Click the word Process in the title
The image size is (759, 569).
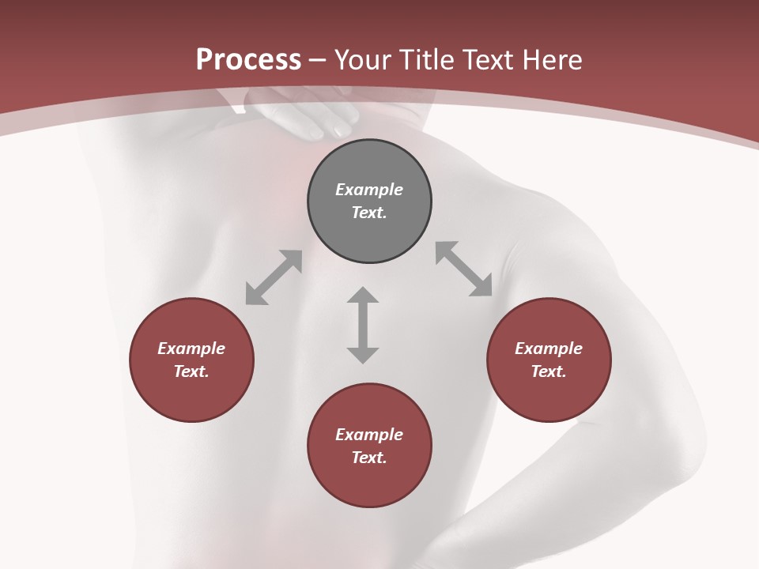coord(248,60)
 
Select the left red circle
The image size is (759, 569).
coord(191,395)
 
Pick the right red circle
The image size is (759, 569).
coord(549,395)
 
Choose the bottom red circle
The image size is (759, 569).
coord(369,482)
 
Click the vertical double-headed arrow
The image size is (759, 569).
coord(363,326)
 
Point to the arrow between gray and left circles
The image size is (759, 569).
coord(274,277)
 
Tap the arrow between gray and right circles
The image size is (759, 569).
coord(463,269)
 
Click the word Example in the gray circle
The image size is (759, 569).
coord(369,190)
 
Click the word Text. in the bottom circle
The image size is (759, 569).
coord(369,458)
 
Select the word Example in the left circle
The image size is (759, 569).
coord(191,349)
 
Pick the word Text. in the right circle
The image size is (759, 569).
coord(549,371)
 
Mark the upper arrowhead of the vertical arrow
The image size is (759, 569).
coord(363,295)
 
